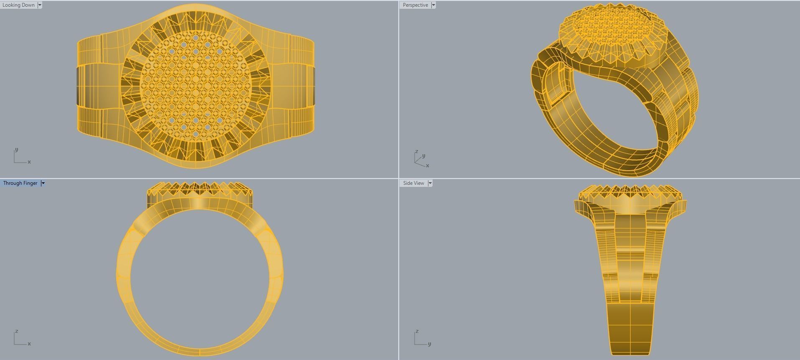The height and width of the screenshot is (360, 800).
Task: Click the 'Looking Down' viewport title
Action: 18,5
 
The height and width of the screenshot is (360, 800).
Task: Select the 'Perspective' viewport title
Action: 415,5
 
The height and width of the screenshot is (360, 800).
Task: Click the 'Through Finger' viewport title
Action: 20,183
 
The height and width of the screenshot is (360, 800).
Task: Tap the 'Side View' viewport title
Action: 413,183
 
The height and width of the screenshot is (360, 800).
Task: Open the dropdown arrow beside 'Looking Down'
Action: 40,5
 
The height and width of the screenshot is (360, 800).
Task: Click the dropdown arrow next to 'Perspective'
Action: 433,5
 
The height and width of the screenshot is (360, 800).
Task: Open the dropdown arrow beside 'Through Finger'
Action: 43,183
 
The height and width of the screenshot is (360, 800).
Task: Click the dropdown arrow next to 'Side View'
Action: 430,183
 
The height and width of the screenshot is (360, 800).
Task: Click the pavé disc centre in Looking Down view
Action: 196,86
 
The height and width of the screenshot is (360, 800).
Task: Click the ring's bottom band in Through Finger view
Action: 199,352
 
